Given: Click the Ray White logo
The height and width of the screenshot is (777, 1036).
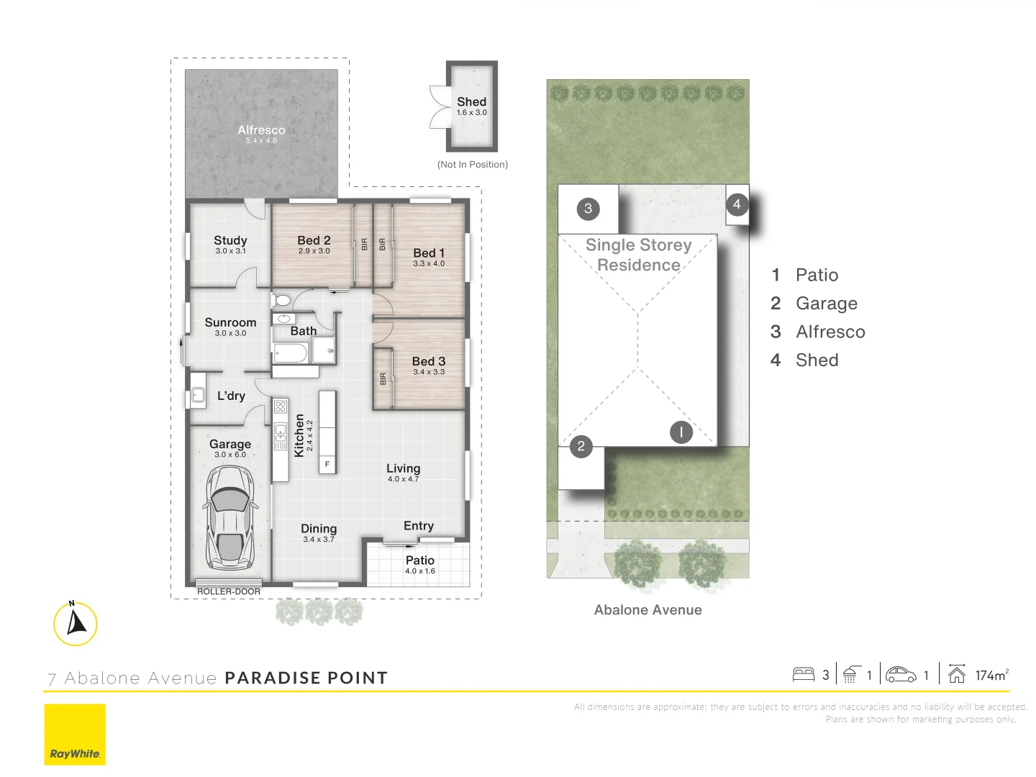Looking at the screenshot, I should click(x=75, y=735).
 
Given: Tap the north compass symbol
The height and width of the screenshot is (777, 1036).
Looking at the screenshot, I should click(x=75, y=623).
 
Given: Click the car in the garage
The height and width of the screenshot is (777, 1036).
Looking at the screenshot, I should click(x=230, y=515).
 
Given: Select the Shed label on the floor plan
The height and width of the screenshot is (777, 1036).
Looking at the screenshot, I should click(x=471, y=102).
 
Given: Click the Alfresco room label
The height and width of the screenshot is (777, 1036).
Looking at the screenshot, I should click(x=261, y=130).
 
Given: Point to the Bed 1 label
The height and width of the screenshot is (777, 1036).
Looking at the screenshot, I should click(x=429, y=253).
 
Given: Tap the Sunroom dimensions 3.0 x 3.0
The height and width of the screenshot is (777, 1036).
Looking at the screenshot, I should click(x=230, y=333).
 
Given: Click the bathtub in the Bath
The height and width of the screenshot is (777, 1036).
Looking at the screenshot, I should click(x=290, y=353).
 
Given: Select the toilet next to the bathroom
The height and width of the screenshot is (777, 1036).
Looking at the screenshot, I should click(x=281, y=299).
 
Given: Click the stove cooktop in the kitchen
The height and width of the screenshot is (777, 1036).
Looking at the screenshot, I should click(x=280, y=407).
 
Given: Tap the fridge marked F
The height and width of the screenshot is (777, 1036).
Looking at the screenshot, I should click(x=327, y=465).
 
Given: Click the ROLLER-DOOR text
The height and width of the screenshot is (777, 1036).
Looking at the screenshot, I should click(x=229, y=591).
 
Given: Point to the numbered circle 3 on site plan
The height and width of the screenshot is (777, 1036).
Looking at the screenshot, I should click(x=588, y=209).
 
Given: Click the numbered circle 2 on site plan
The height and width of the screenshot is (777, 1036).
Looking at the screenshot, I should click(x=581, y=446).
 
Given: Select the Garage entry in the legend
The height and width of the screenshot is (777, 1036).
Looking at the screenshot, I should click(x=826, y=304).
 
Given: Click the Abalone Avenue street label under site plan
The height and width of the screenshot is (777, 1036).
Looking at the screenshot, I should click(x=647, y=610).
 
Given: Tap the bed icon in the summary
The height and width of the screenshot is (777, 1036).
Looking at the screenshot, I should click(x=803, y=674).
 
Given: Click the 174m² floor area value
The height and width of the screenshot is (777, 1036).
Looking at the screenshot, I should click(x=991, y=675).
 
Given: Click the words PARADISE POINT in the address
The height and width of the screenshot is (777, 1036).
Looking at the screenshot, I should click(x=306, y=678).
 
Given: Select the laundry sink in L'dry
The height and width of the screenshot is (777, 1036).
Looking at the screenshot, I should click(x=197, y=394).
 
